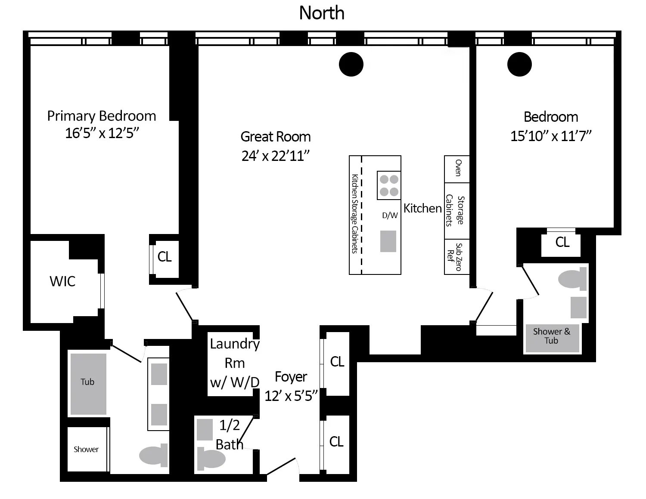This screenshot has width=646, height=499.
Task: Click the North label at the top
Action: [x=322, y=13]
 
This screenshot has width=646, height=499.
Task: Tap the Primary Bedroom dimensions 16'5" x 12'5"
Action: [x=102, y=133]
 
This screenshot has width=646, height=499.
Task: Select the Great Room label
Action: [x=276, y=137]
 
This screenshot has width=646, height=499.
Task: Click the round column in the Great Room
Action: [x=351, y=65]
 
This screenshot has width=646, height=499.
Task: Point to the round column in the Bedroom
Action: [x=519, y=65]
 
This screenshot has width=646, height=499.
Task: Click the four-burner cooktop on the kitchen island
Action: [x=389, y=185]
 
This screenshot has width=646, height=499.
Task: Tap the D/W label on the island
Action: [x=390, y=216]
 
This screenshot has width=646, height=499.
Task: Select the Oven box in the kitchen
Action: [x=457, y=169]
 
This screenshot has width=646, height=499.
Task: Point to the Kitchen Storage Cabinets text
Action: [x=355, y=214]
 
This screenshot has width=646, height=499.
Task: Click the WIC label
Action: [x=62, y=281]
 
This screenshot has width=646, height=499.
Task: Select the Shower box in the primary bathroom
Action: [x=86, y=449]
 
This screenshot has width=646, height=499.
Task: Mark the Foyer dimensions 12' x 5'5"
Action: [x=291, y=396]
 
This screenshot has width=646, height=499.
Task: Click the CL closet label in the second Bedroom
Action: [x=562, y=242]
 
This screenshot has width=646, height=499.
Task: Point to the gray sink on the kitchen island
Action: [x=388, y=241]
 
